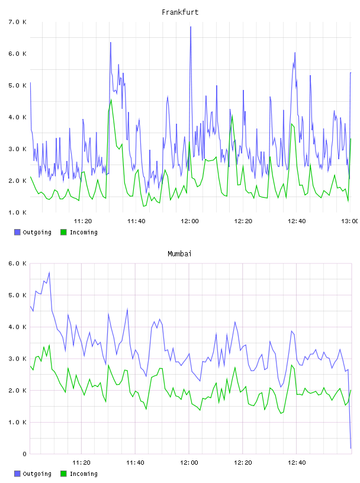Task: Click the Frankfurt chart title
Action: point(180,12)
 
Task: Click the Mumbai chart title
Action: point(179,254)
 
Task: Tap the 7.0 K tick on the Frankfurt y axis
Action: point(17,22)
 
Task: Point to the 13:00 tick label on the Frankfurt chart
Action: point(349,221)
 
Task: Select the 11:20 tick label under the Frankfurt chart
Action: point(83,221)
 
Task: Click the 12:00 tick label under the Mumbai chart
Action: point(189,462)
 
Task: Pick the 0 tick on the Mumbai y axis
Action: point(24,454)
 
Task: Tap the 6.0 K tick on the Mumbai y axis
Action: point(17,263)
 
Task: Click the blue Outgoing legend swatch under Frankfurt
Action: point(17,232)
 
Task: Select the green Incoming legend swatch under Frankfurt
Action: point(63,232)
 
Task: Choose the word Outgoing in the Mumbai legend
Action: point(37,474)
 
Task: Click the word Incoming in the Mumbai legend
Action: point(83,474)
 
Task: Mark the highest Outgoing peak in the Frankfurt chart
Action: point(191,27)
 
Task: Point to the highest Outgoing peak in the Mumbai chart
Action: point(49,273)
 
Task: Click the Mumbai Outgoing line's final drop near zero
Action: point(351,448)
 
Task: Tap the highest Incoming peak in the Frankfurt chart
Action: point(111,99)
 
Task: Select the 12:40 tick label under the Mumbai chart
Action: point(297,462)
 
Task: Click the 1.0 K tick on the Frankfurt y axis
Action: point(17,212)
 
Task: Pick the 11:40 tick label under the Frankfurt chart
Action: point(136,221)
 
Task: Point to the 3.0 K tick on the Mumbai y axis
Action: point(17,359)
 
